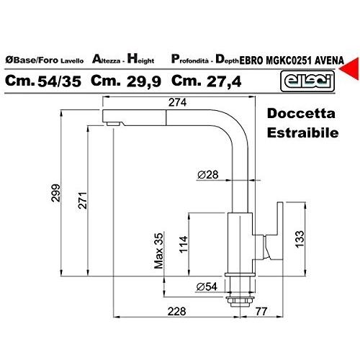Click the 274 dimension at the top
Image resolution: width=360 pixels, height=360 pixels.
coord(177,102)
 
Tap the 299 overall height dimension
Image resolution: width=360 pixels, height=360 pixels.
coord(56,193)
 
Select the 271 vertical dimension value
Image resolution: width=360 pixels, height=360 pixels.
coord(83,200)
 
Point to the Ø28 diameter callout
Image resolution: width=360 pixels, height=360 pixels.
coord(208,175)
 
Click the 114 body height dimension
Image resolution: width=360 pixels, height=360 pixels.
coord(184,244)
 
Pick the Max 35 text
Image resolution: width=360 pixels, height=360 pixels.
coord(158,251)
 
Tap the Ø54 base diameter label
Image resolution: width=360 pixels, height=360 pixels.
coord(207,287)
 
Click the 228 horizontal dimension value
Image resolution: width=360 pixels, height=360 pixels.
coord(177,312)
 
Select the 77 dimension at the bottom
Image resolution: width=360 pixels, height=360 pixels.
coord(261,312)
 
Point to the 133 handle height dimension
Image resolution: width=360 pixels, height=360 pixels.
coord(300,239)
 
